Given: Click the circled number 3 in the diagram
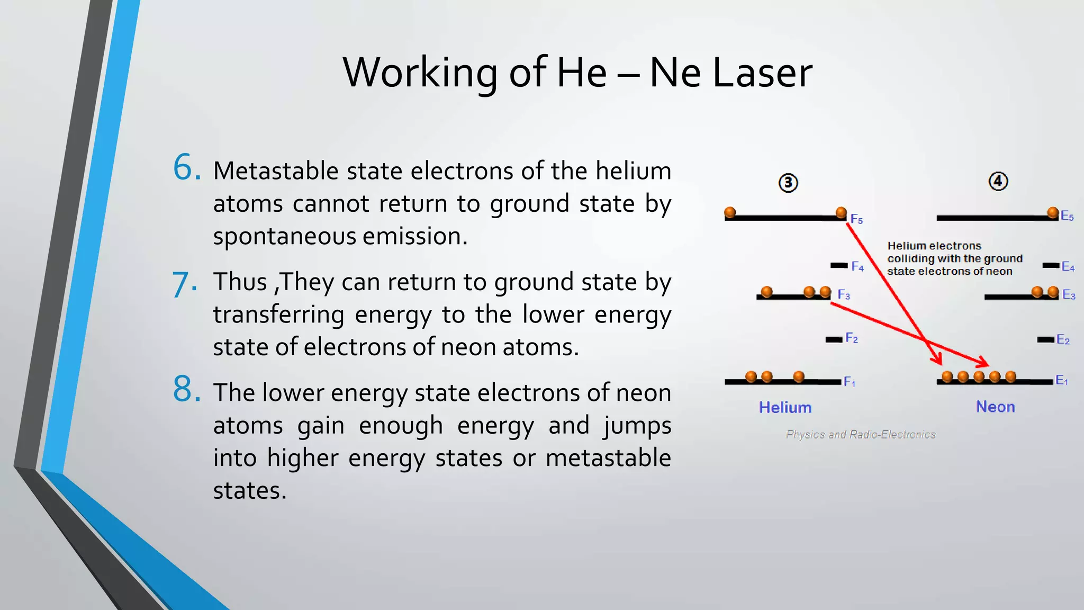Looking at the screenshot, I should point(788,183).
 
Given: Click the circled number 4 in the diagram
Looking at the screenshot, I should point(998,182).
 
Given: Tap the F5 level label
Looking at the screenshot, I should point(856,219).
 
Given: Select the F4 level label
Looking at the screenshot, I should point(857,267).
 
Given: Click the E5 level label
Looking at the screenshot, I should point(1067,216).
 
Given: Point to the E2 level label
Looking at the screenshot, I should point(1063,340).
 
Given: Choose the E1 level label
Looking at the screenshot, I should point(1062,380).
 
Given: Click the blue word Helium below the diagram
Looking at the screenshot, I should point(785,408).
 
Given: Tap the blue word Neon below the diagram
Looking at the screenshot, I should point(996,407).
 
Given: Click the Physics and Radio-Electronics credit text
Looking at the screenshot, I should point(861,435).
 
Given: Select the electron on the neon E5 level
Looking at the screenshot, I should point(1053,213).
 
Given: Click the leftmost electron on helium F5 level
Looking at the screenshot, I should point(730,212).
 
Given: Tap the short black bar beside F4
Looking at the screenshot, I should point(839,265).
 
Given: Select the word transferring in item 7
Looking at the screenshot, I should point(278,315).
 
